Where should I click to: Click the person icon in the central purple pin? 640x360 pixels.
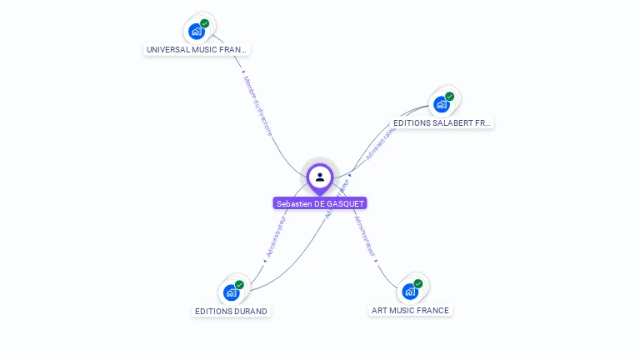tap(320, 177)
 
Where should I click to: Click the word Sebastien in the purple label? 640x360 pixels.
tap(294, 203)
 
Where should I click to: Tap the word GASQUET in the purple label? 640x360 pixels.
tap(346, 203)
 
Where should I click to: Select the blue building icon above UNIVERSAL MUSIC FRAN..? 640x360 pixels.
tap(196, 32)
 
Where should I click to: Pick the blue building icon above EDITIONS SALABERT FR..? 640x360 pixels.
tap(441, 105)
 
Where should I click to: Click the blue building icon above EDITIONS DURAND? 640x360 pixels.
tap(231, 293)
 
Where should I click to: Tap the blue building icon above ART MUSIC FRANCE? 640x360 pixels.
tap(409, 292)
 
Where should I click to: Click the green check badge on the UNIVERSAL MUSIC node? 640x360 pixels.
tap(205, 23)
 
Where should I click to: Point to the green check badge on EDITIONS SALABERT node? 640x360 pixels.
tap(450, 97)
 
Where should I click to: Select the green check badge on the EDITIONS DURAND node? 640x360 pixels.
tap(240, 285)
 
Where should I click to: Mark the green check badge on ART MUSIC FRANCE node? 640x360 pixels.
tap(418, 283)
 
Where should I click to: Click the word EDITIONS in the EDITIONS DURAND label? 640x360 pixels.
tap(212, 312)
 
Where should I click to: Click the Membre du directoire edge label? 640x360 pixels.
tap(257, 105)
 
